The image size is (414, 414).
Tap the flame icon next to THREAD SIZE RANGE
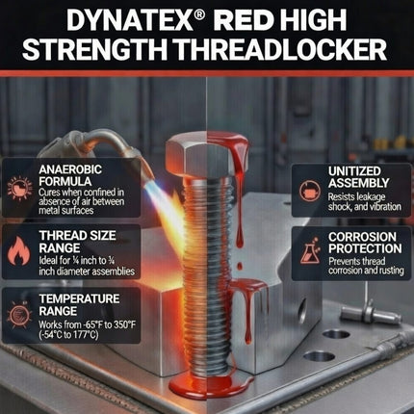coord(20,247)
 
